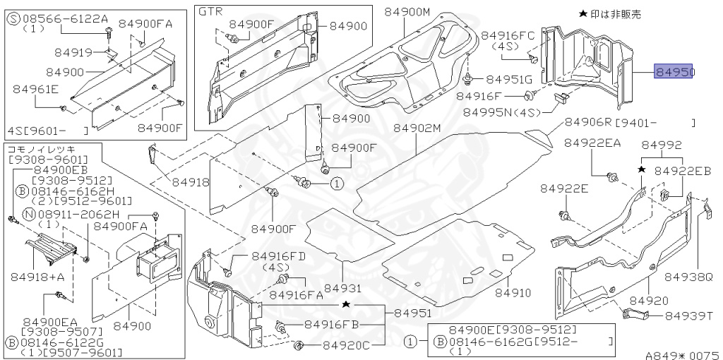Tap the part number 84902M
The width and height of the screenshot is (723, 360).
pos(417,128)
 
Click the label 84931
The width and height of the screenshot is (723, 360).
pos(342,289)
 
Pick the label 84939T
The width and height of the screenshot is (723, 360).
pos(690,316)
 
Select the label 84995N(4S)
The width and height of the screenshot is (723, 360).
pos(503,112)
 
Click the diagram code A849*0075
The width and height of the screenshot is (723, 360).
pos(681,355)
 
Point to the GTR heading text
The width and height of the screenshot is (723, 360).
pos(210,12)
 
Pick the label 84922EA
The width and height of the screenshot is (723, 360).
pos(592,143)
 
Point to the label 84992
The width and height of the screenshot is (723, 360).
pos(662,145)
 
